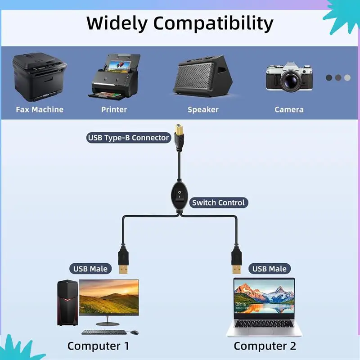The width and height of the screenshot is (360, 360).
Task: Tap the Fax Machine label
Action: pos(40,109)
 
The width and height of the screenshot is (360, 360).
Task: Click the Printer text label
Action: pos(114,109)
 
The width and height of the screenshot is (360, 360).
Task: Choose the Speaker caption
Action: pos(203,109)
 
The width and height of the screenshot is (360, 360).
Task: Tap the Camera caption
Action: pos(289,109)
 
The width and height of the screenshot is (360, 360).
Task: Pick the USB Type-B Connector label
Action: pos(128,138)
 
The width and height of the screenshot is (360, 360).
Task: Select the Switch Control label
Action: pos(218,202)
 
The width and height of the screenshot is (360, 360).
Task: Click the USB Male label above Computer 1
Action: pos(90,269)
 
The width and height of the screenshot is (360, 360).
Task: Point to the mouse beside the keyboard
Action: pos(134,332)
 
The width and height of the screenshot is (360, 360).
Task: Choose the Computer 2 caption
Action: pos(265,346)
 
